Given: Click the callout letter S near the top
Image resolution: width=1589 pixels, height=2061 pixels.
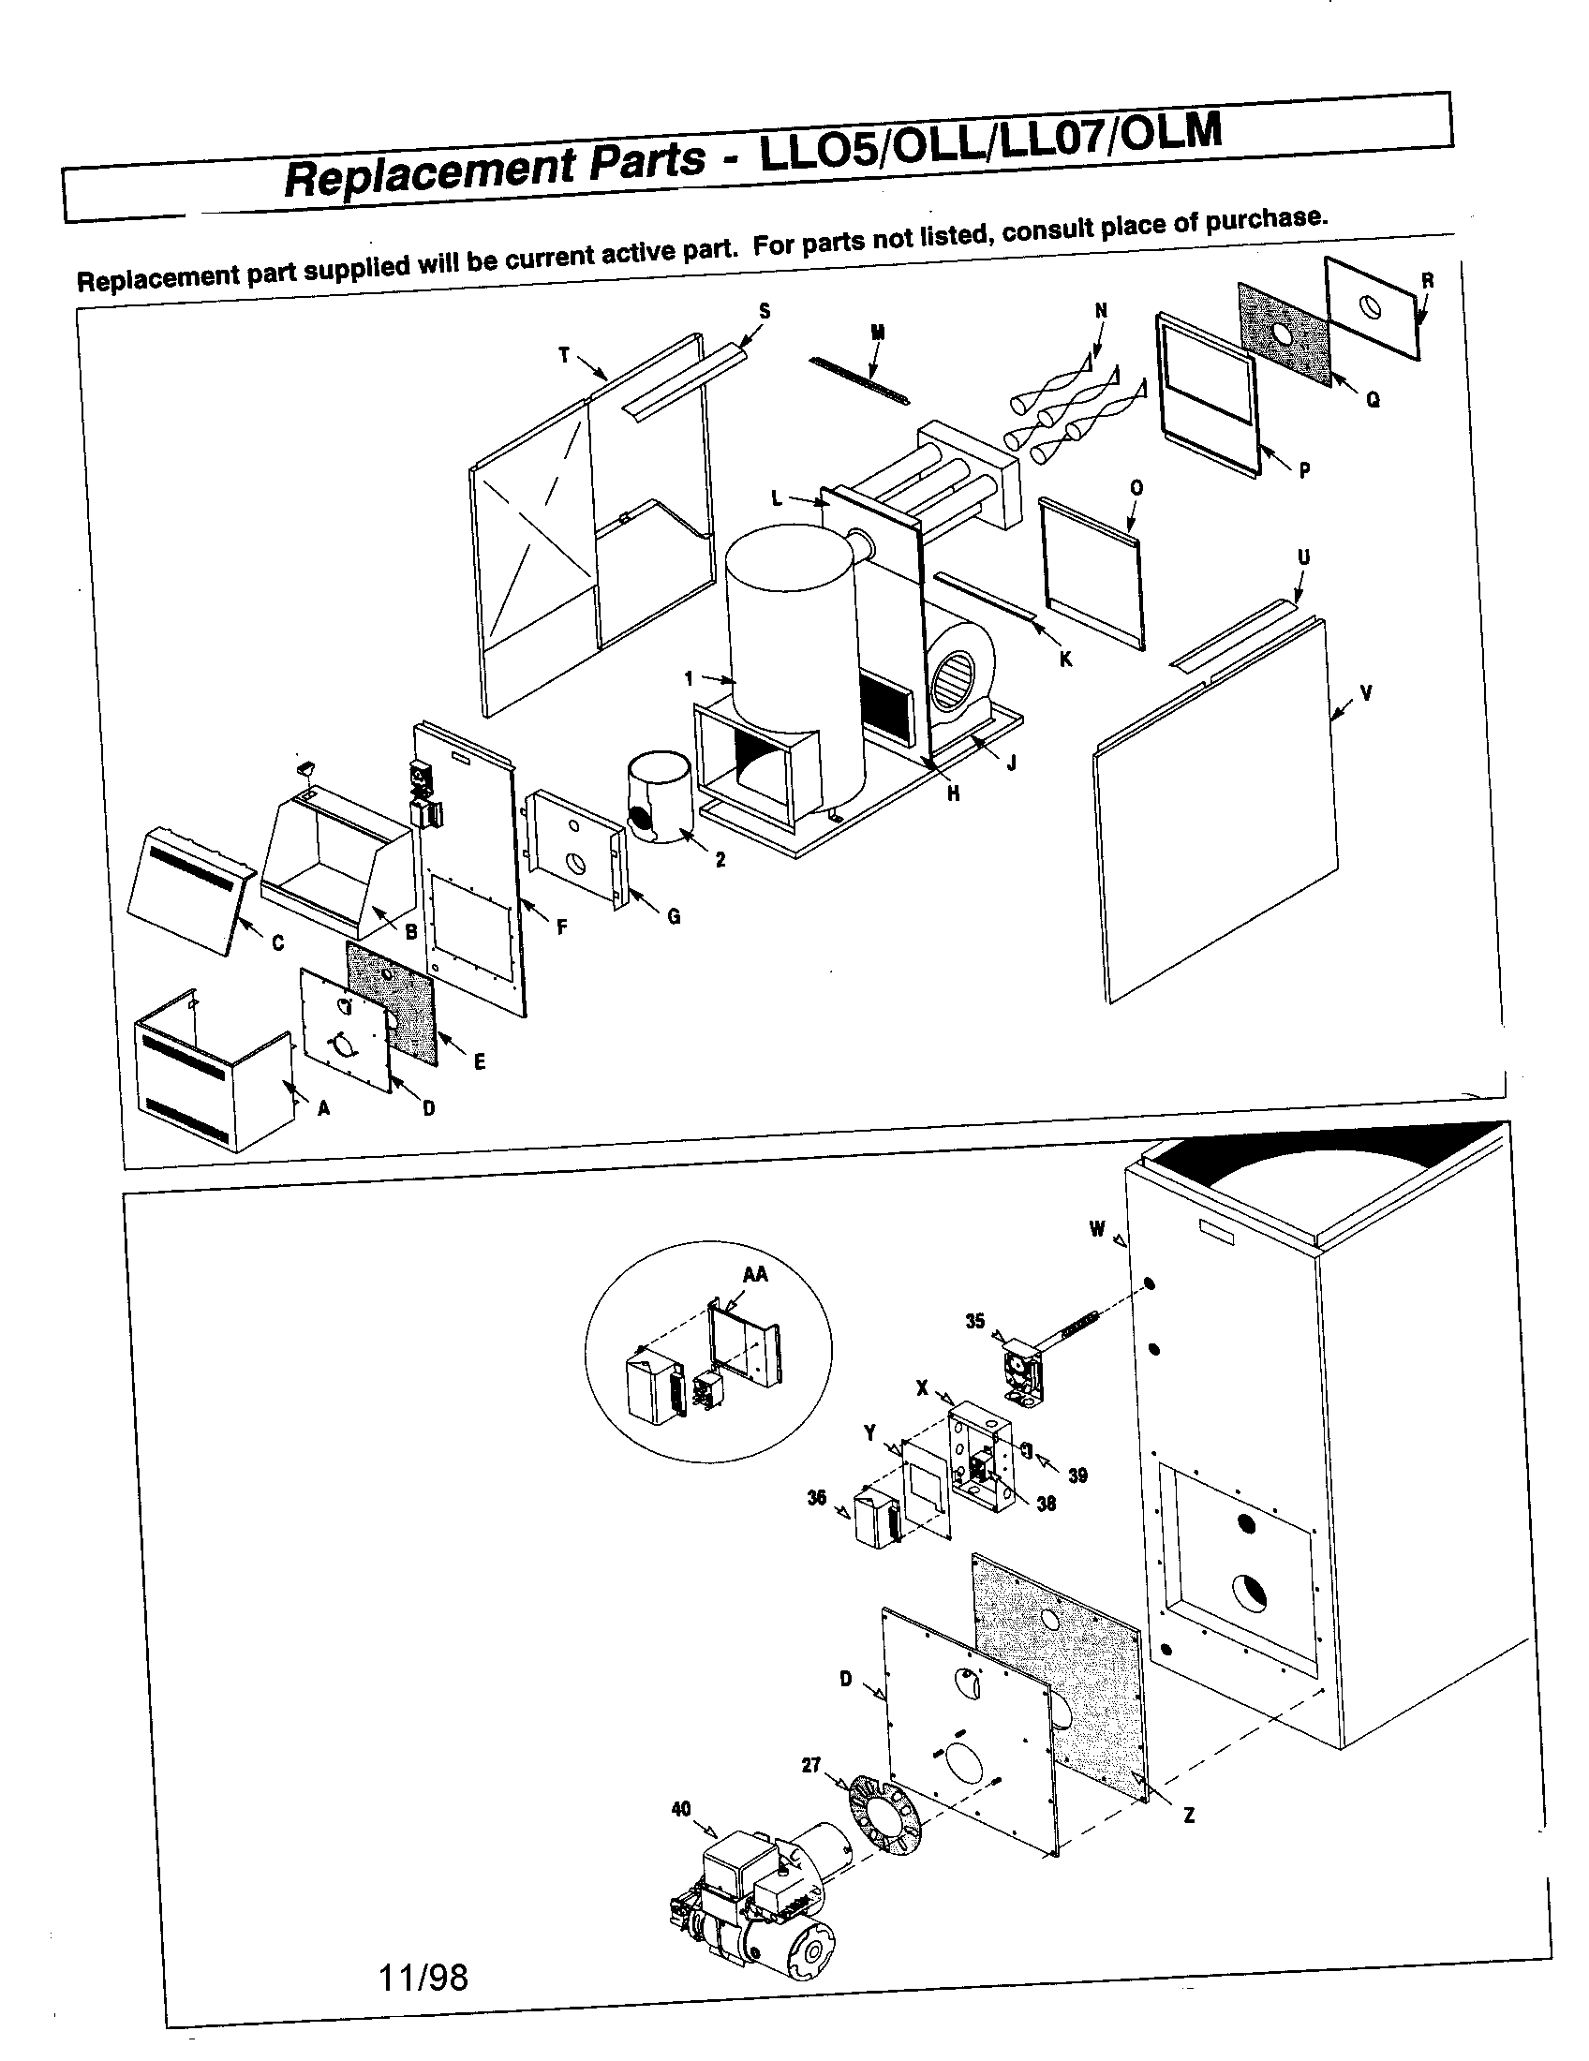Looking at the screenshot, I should (765, 310).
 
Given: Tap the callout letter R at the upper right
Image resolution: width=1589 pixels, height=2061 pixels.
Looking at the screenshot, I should (1427, 280).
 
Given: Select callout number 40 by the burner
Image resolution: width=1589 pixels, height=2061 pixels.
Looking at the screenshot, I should (680, 1808).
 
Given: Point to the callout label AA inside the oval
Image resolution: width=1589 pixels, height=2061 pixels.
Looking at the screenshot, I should (755, 1274).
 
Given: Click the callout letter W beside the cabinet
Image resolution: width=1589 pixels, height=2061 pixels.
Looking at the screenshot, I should (1096, 1229).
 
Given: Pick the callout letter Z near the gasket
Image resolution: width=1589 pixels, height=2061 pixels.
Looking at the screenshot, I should (1189, 1815).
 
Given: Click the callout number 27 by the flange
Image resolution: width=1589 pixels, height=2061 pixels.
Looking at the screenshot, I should (811, 1764).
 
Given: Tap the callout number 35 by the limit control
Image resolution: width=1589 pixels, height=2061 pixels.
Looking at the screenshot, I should (974, 1321).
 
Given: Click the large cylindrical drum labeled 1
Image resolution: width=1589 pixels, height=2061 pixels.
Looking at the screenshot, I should (791, 651).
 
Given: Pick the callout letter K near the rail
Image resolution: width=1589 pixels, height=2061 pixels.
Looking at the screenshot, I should (1065, 660).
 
